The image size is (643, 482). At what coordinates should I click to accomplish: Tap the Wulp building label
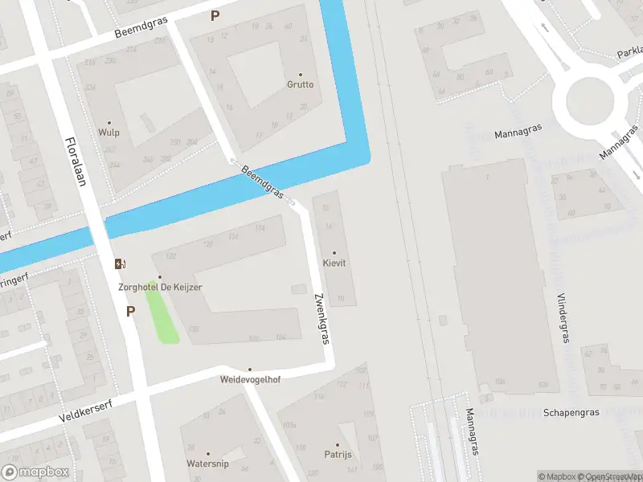coord(109,133)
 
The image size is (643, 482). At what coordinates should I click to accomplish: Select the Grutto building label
coord(301,84)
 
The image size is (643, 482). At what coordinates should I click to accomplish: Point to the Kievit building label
coord(334,263)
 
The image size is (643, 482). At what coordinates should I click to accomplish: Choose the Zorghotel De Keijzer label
coord(159,287)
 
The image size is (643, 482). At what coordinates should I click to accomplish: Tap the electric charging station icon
coord(121,263)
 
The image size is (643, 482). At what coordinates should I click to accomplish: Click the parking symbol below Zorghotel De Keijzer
coord(130,311)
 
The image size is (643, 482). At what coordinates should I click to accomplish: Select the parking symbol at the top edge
coord(215,15)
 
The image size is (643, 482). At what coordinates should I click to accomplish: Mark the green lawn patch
coord(162,317)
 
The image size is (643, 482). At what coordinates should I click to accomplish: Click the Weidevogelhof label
coord(249,378)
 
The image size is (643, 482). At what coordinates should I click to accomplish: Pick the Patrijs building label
coord(337,454)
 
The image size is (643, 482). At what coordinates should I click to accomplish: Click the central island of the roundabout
coord(590,101)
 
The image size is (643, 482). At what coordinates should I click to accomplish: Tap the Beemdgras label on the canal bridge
coord(262,182)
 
